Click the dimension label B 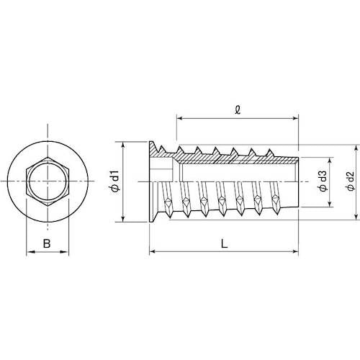(x=47, y=243)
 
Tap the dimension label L (x=224, y=244)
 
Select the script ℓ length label (x=238, y=109)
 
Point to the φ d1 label (x=115, y=181)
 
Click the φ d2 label (x=351, y=181)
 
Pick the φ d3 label (x=324, y=181)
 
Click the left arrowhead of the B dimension (x=30, y=252)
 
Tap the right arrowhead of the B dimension (x=65, y=252)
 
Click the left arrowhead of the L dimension (x=153, y=251)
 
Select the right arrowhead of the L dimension (x=294, y=251)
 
